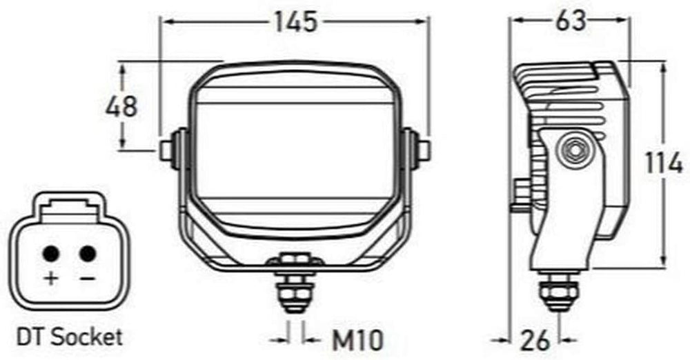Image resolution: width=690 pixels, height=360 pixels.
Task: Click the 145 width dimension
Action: coord(296,21)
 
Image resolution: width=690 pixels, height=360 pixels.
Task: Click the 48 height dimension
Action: coord(121,106)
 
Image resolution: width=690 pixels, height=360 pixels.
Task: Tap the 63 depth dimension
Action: coord(571,20)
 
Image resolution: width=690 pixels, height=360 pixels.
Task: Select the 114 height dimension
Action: coord(664,163)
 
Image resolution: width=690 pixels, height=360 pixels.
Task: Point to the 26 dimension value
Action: coord(535,340)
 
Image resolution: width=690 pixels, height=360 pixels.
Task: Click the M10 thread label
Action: coord(357,340)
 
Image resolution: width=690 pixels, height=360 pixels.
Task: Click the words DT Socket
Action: coord(69,337)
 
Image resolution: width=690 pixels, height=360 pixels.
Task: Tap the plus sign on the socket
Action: coord(51,278)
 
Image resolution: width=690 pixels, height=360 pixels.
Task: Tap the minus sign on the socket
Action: coord(88,278)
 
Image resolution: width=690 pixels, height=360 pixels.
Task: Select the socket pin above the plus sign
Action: coord(51,254)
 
